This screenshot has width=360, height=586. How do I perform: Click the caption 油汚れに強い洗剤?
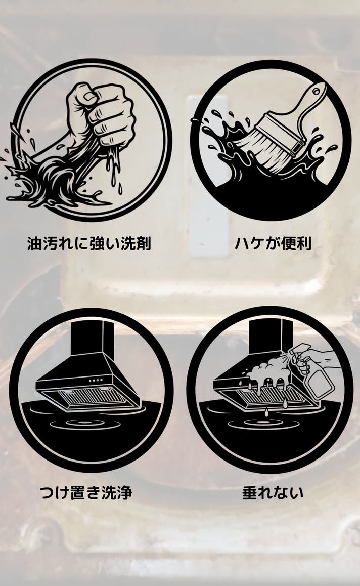coord(89,244)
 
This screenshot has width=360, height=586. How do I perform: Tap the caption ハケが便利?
coord(273,244)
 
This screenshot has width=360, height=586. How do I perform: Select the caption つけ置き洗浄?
coord(86,492)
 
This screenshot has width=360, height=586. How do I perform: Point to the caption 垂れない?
coord(273,492)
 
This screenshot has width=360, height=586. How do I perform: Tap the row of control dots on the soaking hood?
coord(96,380)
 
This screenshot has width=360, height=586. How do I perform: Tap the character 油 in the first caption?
coord(34,244)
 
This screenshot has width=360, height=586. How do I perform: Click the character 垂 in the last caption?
coord(250,492)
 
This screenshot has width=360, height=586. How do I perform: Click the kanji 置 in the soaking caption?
coord(78,492)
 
